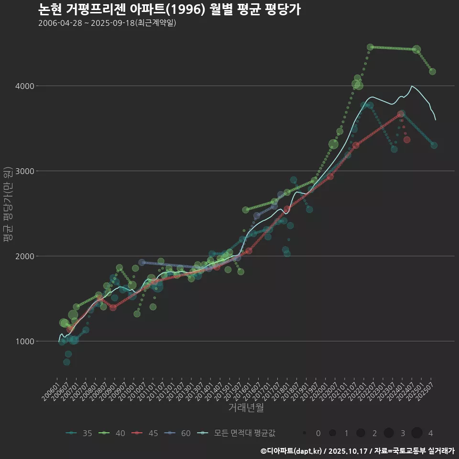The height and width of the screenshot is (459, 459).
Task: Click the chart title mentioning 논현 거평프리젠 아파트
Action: coord(169,10)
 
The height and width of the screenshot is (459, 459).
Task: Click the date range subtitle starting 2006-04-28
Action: coord(107,23)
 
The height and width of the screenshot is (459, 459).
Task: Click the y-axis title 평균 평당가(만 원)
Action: coord(8,206)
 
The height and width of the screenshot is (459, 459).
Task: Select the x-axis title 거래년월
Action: coord(246,408)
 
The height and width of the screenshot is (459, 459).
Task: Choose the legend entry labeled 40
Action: coord(112,433)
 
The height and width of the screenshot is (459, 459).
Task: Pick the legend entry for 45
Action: coord(145,433)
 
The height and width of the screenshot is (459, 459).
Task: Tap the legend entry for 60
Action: coord(178,433)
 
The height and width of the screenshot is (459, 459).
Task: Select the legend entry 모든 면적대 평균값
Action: coord(237,433)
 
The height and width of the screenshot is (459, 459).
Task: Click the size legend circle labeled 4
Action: coord(416,433)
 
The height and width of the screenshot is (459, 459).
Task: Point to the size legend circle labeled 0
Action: coord(305,433)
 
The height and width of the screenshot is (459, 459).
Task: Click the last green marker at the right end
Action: coord(432,71)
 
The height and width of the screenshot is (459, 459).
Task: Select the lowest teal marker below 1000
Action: coord(66,362)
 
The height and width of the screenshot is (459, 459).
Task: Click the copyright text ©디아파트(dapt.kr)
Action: coord(292,451)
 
